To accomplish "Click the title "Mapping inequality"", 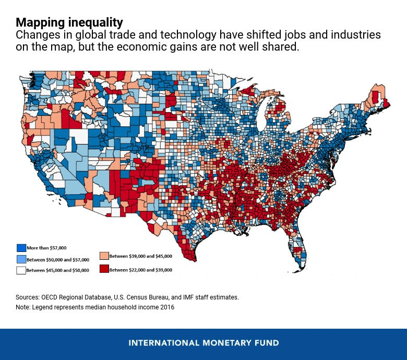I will (x=69, y=22).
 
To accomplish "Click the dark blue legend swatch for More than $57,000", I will (x=21, y=248).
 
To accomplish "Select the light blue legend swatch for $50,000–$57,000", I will (x=21, y=259).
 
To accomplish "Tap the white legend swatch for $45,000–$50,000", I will (x=21, y=270).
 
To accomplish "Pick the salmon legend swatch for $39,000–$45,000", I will (x=104, y=256).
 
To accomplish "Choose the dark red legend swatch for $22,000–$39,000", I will (x=104, y=269).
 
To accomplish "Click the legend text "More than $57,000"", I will (x=47, y=248).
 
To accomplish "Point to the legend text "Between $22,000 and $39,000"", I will (x=141, y=270).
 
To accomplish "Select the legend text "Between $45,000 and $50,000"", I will (x=58, y=270).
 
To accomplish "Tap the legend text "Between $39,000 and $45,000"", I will (x=141, y=256).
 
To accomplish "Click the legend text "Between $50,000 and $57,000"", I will (x=58, y=259).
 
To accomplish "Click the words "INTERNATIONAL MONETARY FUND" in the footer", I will (x=203, y=343).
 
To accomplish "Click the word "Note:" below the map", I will (x=23, y=307).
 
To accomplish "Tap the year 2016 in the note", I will (x=167, y=307).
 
